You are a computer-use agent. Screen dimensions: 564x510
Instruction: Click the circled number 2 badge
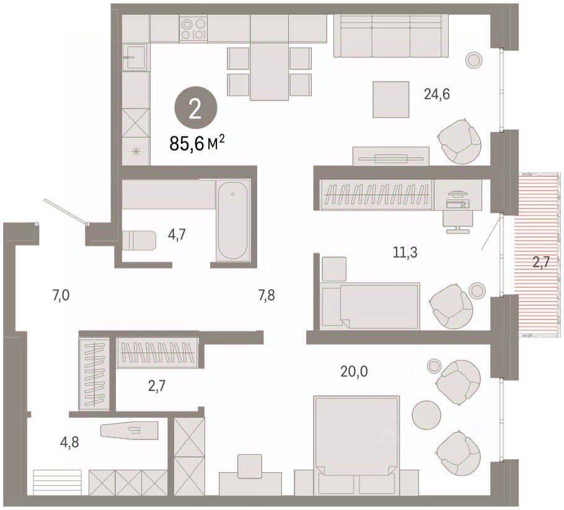pyautogui.click(x=196, y=110)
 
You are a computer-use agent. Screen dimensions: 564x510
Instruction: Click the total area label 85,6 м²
pyautogui.click(x=197, y=144)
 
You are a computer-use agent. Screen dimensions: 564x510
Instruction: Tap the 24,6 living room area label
pyautogui.click(x=437, y=94)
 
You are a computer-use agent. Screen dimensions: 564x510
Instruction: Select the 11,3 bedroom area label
pyautogui.click(x=405, y=253)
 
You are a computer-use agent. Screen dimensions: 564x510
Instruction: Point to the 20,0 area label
pyautogui.click(x=355, y=372)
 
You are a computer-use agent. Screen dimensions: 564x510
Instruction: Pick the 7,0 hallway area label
pyautogui.click(x=61, y=296)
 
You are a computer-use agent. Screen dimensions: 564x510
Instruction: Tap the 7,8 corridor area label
pyautogui.click(x=267, y=296)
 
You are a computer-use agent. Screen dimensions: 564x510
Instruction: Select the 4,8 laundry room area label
pyautogui.click(x=69, y=442)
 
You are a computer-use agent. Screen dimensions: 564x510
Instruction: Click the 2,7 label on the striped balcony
pyautogui.click(x=541, y=262)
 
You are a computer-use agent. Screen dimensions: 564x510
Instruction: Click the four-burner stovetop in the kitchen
pyautogui.click(x=193, y=29)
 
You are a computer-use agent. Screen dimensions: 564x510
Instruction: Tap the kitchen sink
pyautogui.click(x=135, y=57)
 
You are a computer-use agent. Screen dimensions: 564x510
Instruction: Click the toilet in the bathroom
pyautogui.click(x=139, y=240)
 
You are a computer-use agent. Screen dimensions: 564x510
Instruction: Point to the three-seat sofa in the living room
pyautogui.click(x=391, y=36)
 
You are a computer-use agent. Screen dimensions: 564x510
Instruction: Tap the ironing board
pyautogui.click(x=130, y=431)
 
